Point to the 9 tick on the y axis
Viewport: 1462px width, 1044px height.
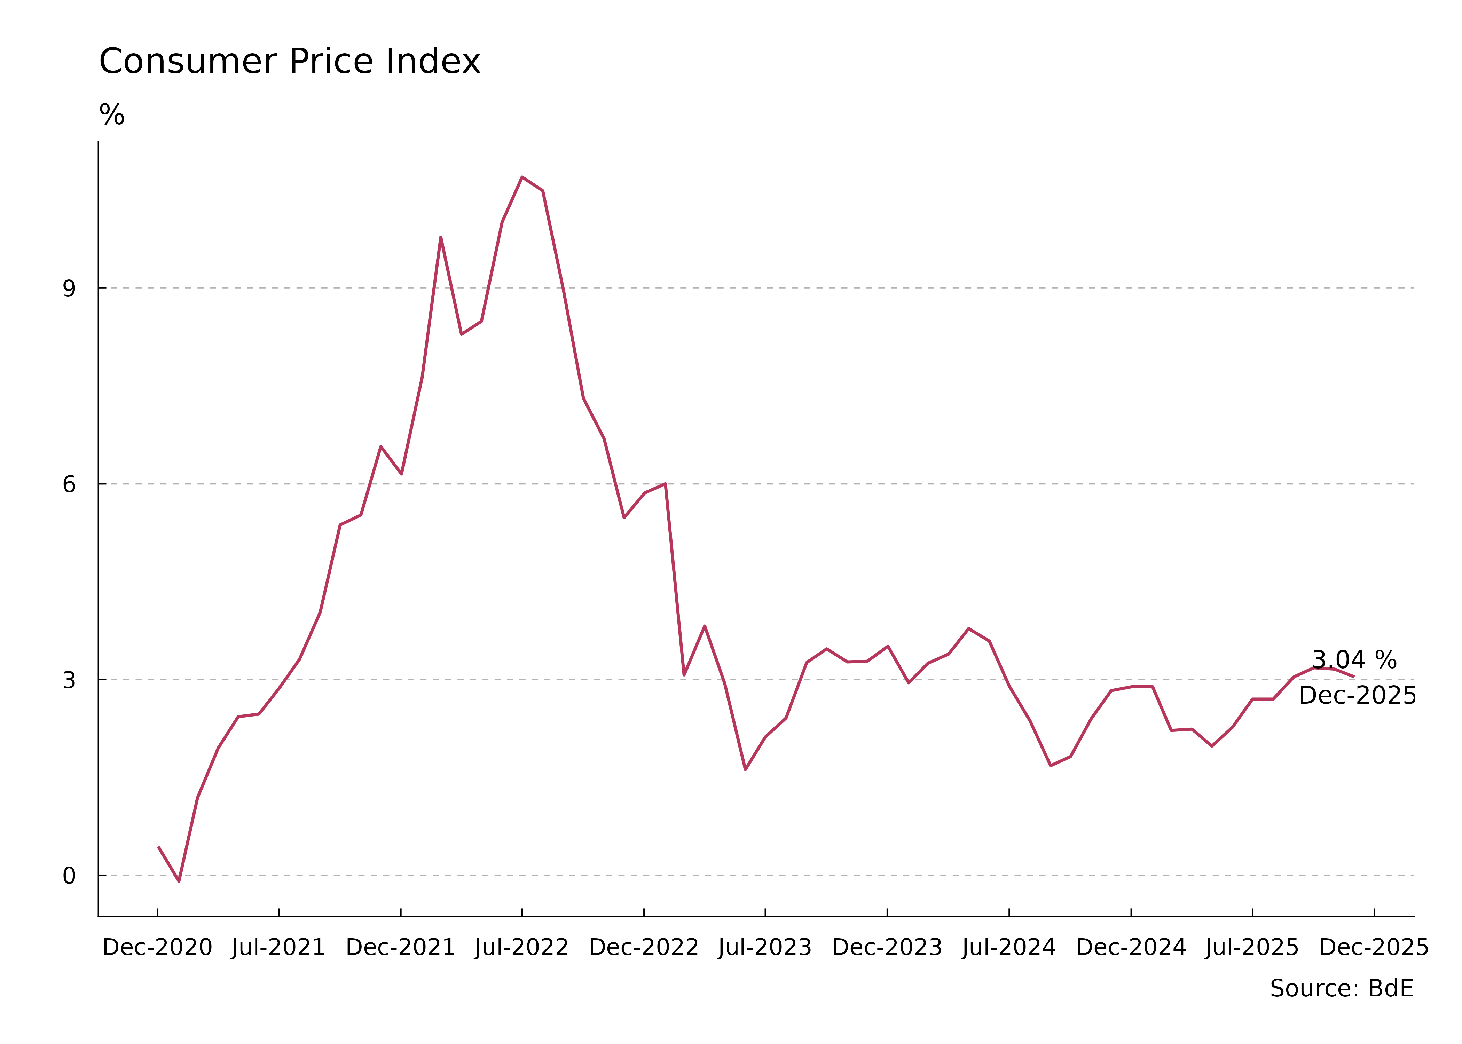[69, 288]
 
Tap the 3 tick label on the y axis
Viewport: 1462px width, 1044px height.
[69, 680]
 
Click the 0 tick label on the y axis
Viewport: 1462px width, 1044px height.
[69, 876]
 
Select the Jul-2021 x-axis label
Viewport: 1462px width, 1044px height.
[278, 948]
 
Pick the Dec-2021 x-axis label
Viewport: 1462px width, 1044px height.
[401, 948]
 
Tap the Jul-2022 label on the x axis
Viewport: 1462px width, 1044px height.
[521, 948]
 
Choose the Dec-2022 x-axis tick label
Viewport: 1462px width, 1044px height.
[644, 948]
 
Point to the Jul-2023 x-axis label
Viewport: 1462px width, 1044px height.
[765, 948]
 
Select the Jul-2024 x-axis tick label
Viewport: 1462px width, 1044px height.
[1009, 948]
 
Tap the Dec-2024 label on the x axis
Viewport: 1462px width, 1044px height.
[1131, 948]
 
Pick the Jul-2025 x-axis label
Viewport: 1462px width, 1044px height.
[1252, 948]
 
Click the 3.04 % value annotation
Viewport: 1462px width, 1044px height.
[1354, 660]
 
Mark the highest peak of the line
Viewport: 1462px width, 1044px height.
[522, 177]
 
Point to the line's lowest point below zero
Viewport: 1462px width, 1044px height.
[179, 881]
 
